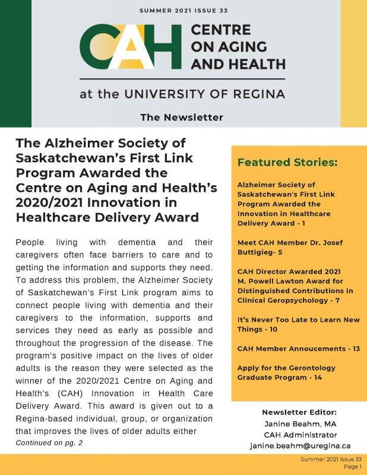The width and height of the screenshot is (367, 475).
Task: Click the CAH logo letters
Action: point(130,47)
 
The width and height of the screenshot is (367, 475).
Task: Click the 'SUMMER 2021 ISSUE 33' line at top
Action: point(183,11)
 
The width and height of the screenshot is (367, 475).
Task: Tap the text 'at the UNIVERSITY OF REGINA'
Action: point(182,94)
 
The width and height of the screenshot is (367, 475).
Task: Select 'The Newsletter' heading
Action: point(182,117)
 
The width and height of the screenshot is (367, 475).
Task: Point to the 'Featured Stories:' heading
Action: point(287,162)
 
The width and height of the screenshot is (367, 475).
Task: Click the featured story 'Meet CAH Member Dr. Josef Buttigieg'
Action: point(289,247)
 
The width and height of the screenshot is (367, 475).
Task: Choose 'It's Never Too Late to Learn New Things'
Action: point(298,324)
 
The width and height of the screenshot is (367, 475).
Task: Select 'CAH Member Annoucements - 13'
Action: point(298,349)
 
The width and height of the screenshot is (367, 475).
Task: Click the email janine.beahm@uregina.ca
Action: point(300,445)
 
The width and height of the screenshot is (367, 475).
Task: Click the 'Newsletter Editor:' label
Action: point(299,412)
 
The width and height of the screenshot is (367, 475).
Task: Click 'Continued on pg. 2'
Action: point(49,443)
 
